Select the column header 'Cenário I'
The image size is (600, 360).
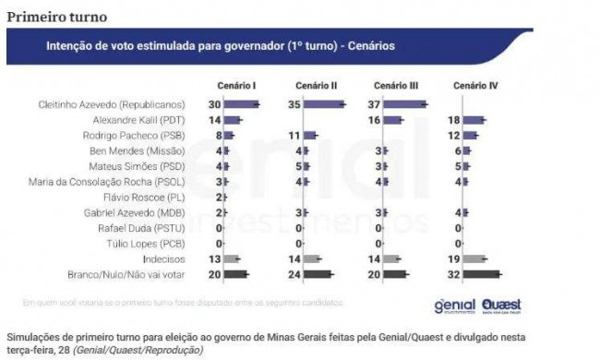pyautogui.click(x=236, y=86)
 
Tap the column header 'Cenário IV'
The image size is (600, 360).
pyautogui.click(x=476, y=86)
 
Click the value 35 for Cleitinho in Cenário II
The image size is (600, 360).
pyautogui.click(x=294, y=104)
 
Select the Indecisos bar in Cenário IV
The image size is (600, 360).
pyautogui.click(x=475, y=258)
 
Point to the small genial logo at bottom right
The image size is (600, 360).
pyautogui.click(x=454, y=306)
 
